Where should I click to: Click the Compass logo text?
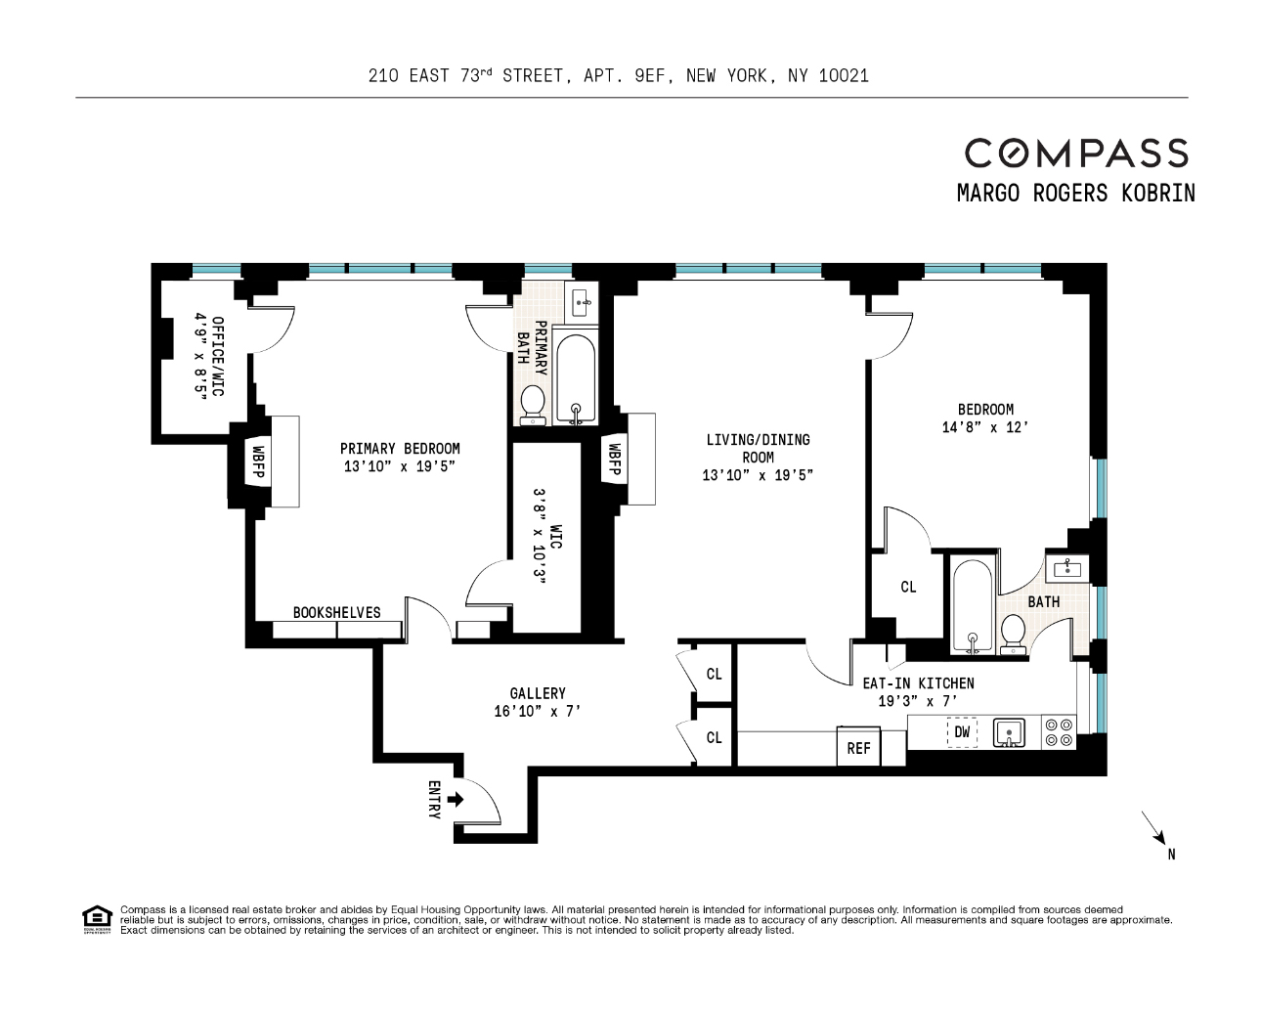pos(1076,153)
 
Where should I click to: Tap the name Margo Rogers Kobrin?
pos(1075,193)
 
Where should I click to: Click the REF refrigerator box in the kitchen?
pos(858,748)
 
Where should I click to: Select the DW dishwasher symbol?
pos(962,731)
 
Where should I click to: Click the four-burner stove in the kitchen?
pos(1058,732)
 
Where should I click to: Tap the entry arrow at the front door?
pos(455,800)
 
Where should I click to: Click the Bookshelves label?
pos(336,612)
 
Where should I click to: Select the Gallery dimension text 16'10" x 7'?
pos(538,712)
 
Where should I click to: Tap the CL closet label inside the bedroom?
pos(908,587)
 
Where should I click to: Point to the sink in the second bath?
pos(1063,567)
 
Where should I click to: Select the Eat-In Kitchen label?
pos(917,683)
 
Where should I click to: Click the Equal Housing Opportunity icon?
pos(97,919)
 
